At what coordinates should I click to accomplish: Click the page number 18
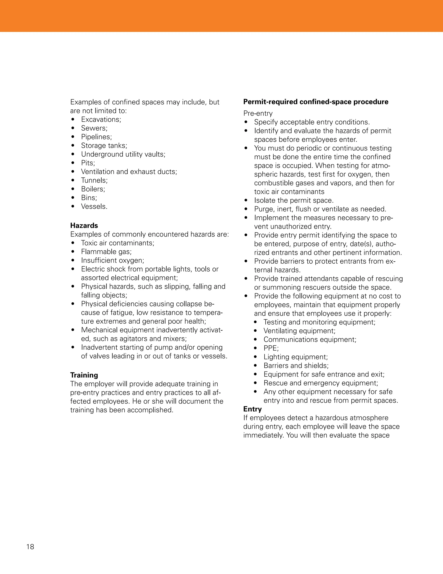30,547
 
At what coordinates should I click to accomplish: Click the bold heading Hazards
84,225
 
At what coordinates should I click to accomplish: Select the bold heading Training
84,375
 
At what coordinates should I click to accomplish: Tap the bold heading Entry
252,409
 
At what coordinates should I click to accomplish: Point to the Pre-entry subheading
258,113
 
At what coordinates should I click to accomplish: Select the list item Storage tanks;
104,145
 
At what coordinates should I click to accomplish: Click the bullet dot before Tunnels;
73,180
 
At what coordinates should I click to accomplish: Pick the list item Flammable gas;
106,251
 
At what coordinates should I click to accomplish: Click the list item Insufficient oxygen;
112,260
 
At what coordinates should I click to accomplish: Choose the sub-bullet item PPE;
271,348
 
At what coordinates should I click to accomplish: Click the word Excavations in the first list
100,119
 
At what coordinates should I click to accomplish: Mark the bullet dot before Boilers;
73,189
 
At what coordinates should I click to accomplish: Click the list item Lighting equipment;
295,357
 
